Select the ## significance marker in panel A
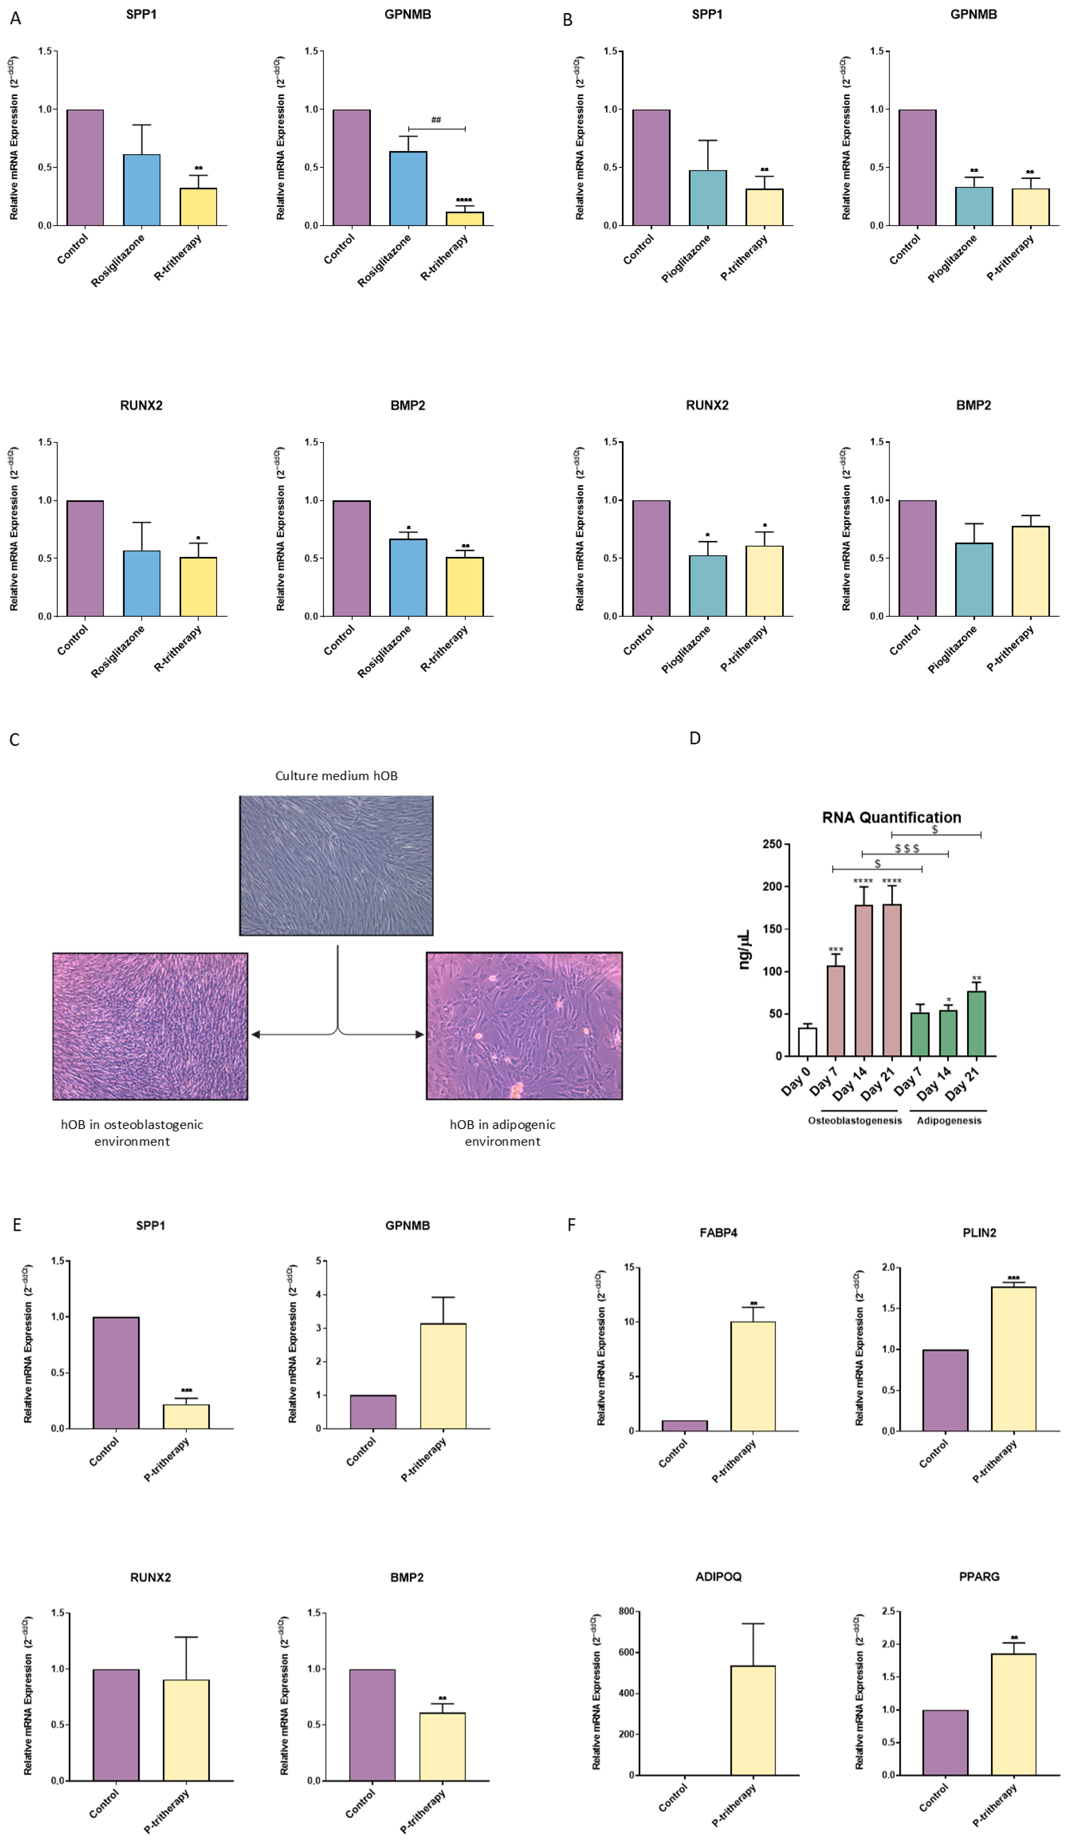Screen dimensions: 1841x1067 [x=436, y=120]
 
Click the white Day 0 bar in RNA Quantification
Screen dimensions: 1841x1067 [x=807, y=1041]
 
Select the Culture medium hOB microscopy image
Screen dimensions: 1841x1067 [x=336, y=866]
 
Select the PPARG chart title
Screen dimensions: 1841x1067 [x=979, y=1577]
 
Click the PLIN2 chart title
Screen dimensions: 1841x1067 [x=979, y=1232]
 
